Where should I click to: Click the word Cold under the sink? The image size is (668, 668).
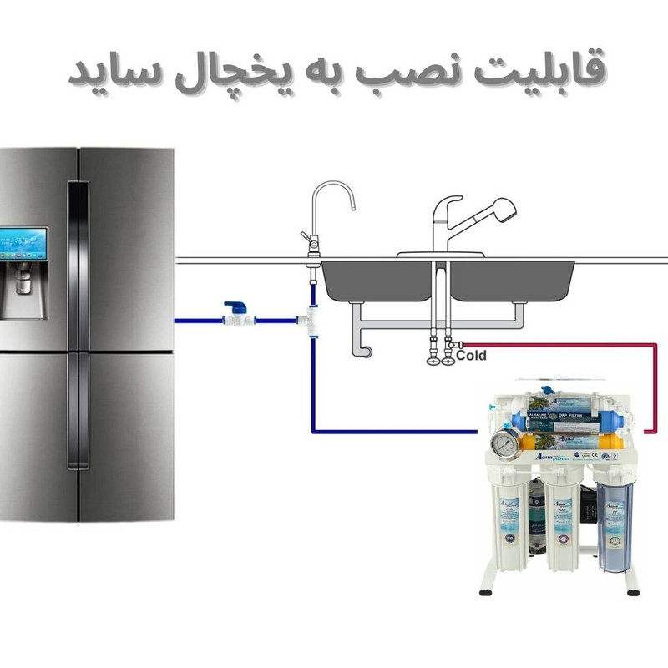(471, 356)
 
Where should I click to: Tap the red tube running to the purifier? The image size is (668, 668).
(655, 384)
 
